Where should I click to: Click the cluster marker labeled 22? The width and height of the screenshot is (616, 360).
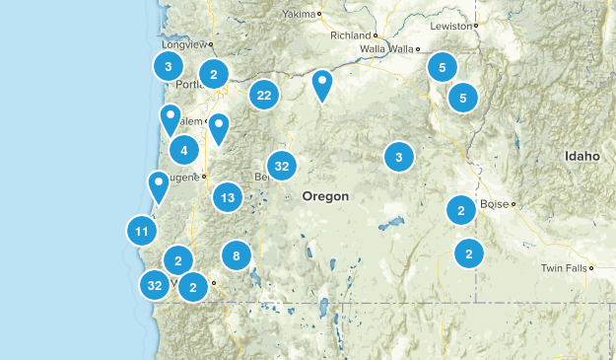(263, 95)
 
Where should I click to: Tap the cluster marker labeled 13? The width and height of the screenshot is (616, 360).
(228, 196)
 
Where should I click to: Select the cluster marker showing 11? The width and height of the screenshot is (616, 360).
(142, 232)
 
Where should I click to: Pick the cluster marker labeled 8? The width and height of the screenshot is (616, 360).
(237, 255)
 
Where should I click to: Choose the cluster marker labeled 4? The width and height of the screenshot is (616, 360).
(184, 150)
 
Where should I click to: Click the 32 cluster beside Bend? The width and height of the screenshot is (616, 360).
(282, 166)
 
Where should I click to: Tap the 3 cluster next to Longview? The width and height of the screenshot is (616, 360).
(169, 66)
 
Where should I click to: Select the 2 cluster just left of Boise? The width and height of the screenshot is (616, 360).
(460, 209)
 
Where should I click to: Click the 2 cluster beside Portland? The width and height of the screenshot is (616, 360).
(214, 73)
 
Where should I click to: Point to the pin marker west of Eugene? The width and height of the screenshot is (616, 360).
(158, 184)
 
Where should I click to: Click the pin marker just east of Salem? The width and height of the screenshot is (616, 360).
(219, 127)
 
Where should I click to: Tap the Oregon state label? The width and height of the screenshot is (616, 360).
(325, 196)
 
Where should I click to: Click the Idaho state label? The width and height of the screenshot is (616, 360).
(582, 157)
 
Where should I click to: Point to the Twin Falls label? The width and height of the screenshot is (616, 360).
(562, 268)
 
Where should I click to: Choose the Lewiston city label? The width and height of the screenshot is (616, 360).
(452, 25)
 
